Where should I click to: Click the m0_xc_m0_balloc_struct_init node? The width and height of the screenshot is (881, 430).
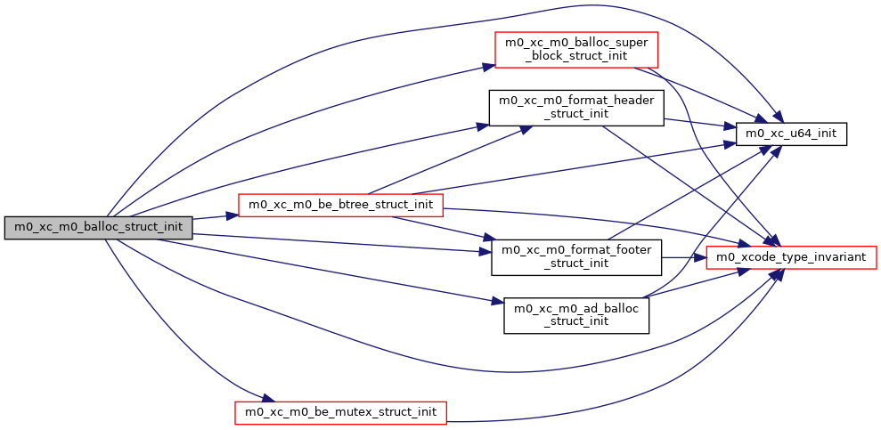[99, 227]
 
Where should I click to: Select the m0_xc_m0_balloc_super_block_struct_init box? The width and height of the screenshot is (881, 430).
[575, 51]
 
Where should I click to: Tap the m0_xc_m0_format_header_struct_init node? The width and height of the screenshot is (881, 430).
[575, 109]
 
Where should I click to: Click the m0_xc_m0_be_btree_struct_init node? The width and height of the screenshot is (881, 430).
[340, 205]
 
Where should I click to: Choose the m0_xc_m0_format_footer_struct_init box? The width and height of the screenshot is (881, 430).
[575, 256]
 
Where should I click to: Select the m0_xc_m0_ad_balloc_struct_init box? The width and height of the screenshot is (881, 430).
[575, 314]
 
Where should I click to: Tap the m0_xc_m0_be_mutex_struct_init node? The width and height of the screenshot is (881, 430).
[340, 411]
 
